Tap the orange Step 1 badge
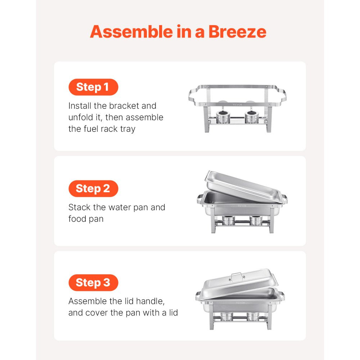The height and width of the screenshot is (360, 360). [93, 87]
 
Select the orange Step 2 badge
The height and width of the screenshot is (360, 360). [93, 189]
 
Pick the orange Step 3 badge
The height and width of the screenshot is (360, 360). [93, 283]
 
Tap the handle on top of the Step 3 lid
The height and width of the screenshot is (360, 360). [236, 275]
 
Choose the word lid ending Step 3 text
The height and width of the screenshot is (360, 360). [173, 312]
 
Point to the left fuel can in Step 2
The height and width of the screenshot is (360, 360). [228, 220]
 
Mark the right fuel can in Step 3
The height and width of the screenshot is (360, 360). [253, 317]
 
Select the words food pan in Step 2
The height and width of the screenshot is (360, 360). [86, 219]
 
